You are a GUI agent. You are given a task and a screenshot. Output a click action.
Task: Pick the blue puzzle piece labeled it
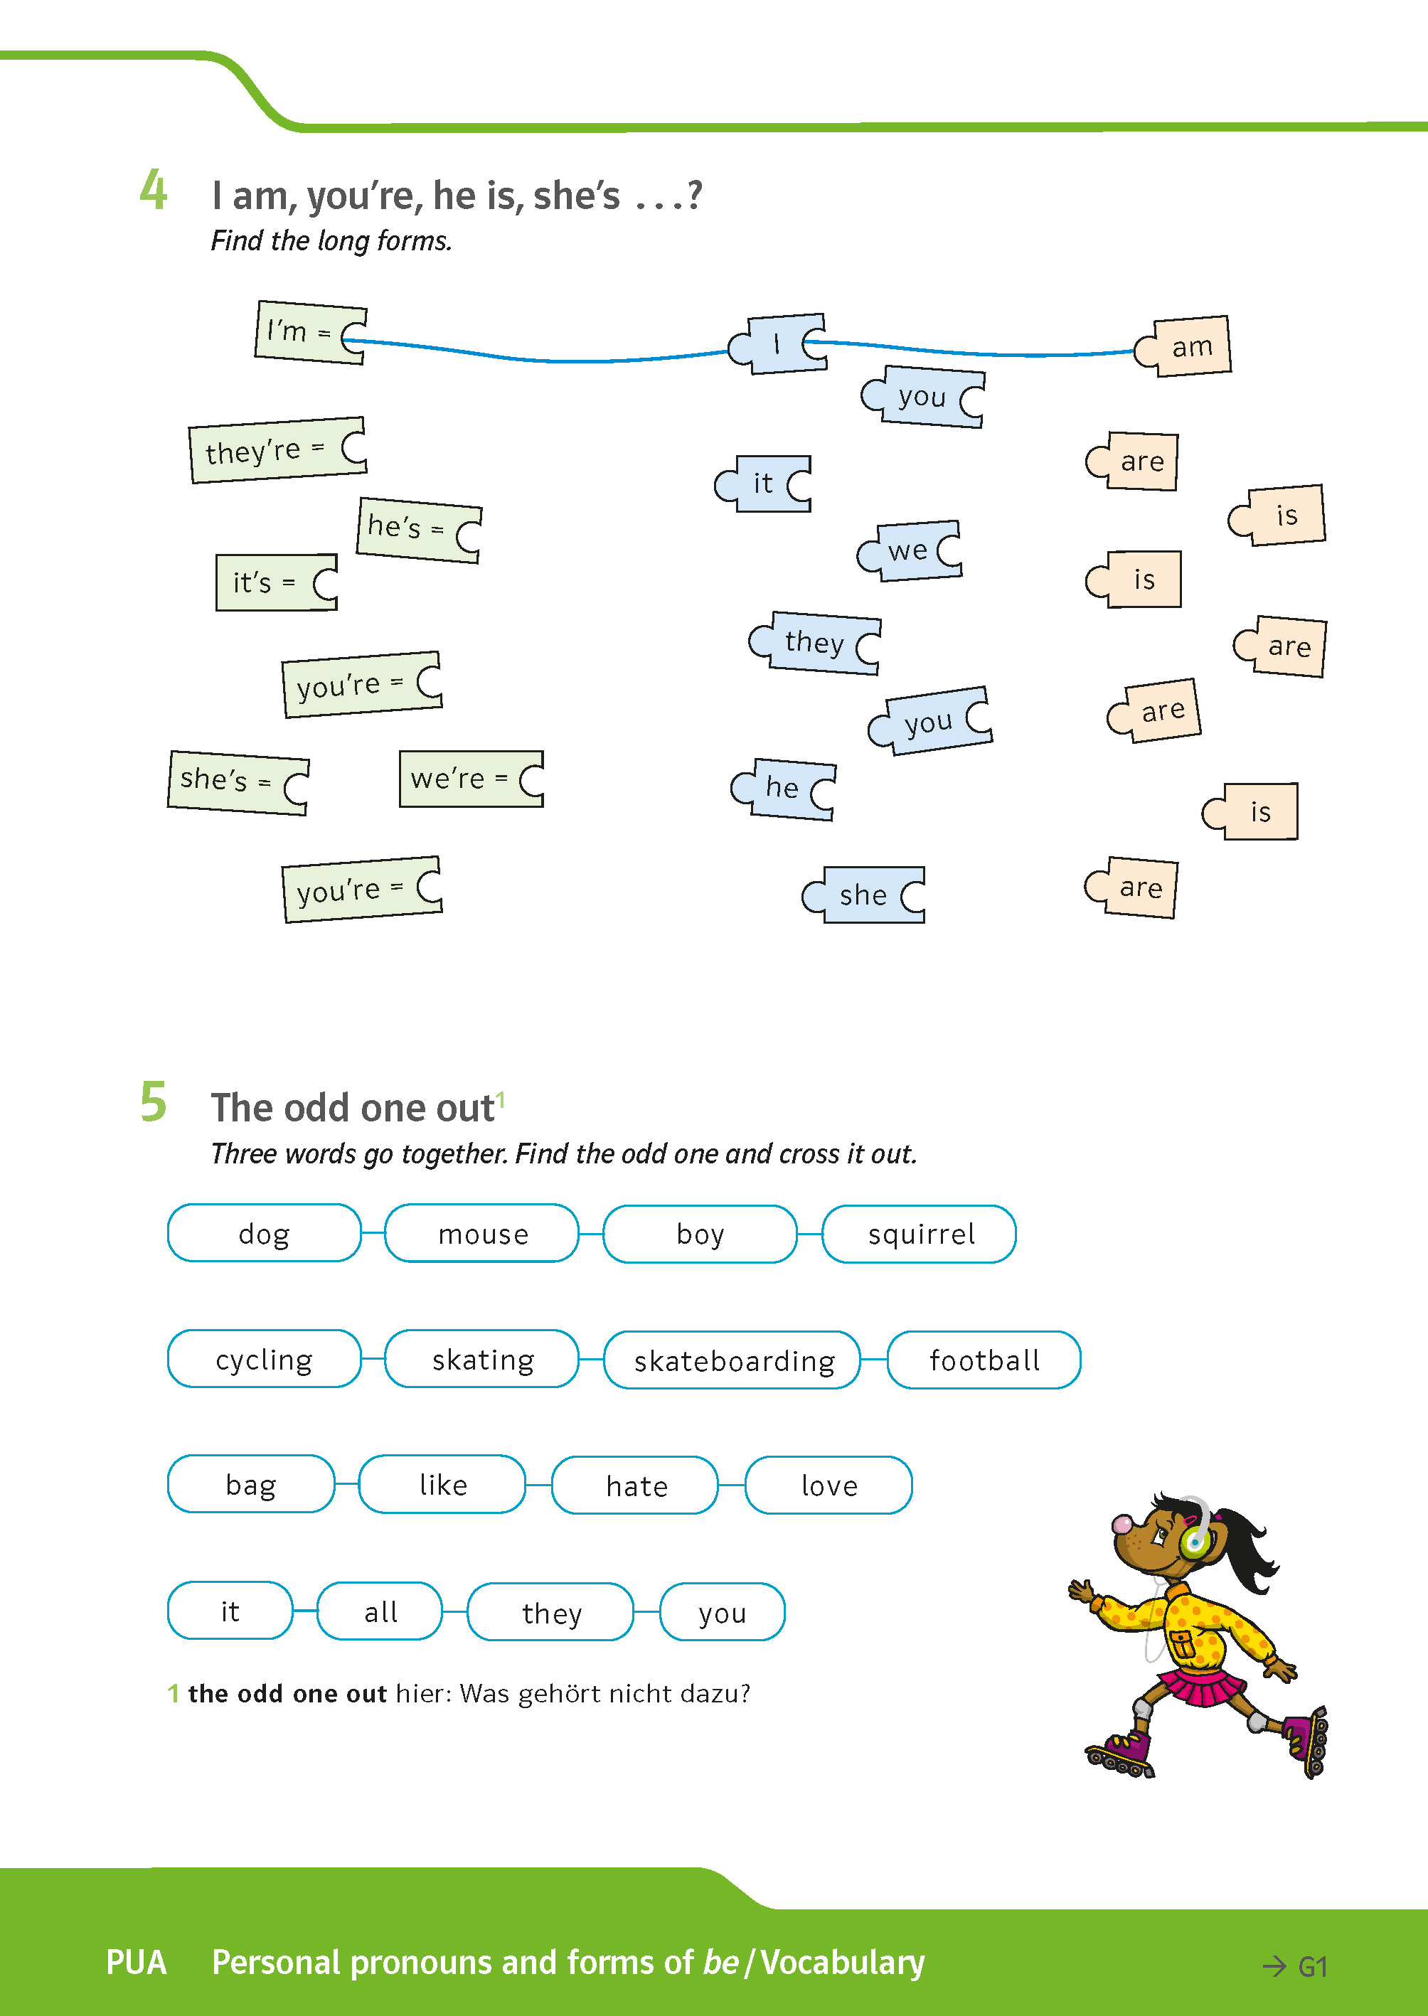tap(764, 484)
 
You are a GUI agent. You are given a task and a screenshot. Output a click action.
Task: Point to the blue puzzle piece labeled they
tap(816, 643)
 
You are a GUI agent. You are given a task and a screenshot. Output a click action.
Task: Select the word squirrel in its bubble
tap(920, 1234)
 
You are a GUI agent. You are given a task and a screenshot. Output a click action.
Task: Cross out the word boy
tap(700, 1234)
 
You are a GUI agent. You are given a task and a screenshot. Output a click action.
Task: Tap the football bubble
tap(984, 1360)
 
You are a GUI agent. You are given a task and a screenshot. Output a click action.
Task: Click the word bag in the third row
tap(250, 1485)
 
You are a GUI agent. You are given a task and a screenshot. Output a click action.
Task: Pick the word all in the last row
tap(380, 1611)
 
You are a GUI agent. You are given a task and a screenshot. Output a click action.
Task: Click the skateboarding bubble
tap(732, 1360)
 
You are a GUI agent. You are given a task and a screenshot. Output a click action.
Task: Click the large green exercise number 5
tap(153, 1102)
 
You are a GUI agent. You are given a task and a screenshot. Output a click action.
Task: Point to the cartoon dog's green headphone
tap(1194, 1540)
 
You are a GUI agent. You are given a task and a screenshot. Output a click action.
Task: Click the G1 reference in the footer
tap(1311, 1967)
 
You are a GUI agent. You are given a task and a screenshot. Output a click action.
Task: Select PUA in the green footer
tap(137, 1963)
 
